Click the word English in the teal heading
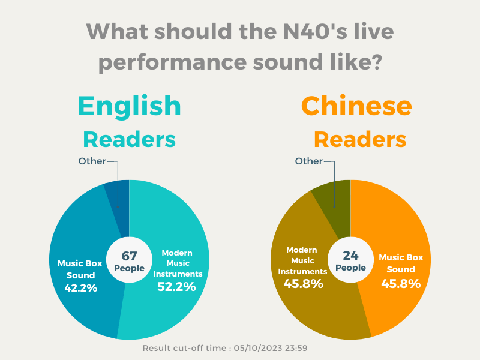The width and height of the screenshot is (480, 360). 129,106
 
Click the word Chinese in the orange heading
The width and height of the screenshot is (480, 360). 356,106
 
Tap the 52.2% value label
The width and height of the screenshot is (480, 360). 176,287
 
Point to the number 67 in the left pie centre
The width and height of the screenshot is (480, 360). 130,256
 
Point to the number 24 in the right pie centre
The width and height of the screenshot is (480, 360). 350,256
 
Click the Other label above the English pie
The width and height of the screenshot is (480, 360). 92,161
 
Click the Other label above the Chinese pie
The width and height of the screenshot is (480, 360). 309,161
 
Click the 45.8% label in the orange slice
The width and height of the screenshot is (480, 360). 401,283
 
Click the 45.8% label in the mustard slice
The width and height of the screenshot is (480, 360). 304,283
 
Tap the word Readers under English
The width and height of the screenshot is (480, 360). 129,140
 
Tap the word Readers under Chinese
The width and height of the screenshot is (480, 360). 360,140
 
